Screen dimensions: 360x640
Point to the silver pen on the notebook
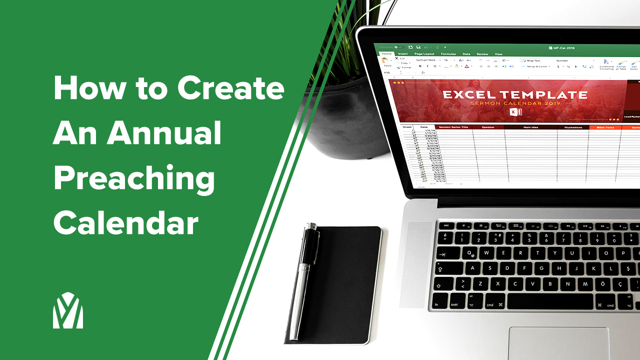pyautogui.click(x=304, y=280)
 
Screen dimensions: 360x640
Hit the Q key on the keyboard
pyautogui.click(x=469, y=253)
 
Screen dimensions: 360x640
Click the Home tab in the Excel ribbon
pyautogui.click(x=386, y=53)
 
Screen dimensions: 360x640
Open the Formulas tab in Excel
pyautogui.click(x=448, y=54)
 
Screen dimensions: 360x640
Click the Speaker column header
pyautogui.click(x=487, y=127)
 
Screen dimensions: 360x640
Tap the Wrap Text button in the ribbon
pyautogui.click(x=532, y=60)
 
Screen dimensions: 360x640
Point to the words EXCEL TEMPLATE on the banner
pyautogui.click(x=514, y=94)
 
